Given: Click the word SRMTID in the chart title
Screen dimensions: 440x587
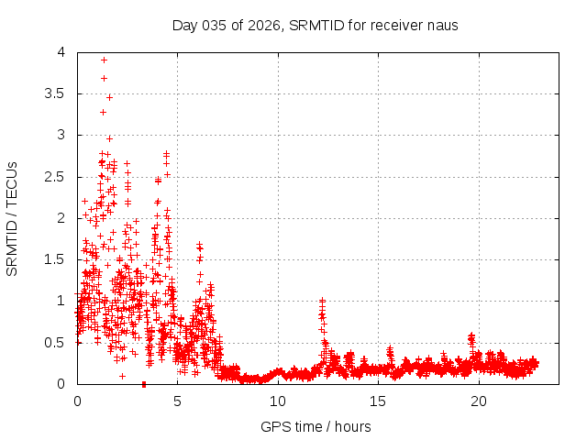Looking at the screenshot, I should tap(315, 25).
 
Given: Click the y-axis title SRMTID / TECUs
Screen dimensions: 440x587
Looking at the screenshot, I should tap(13, 218).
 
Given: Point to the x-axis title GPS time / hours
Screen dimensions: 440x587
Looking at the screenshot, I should tap(316, 426).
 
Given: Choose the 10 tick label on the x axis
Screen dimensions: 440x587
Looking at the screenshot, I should tap(278, 401).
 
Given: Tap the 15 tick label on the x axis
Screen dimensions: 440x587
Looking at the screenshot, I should tap(378, 401).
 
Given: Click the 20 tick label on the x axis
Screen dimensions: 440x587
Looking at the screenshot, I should tap(479, 401).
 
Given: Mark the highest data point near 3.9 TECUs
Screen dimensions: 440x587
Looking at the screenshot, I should tap(104, 60).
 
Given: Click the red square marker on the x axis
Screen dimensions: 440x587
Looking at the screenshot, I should tap(143, 384).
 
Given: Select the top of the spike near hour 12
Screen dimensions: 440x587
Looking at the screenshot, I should tap(322, 300).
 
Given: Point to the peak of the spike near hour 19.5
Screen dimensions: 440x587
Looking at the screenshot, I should tap(471, 335).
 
